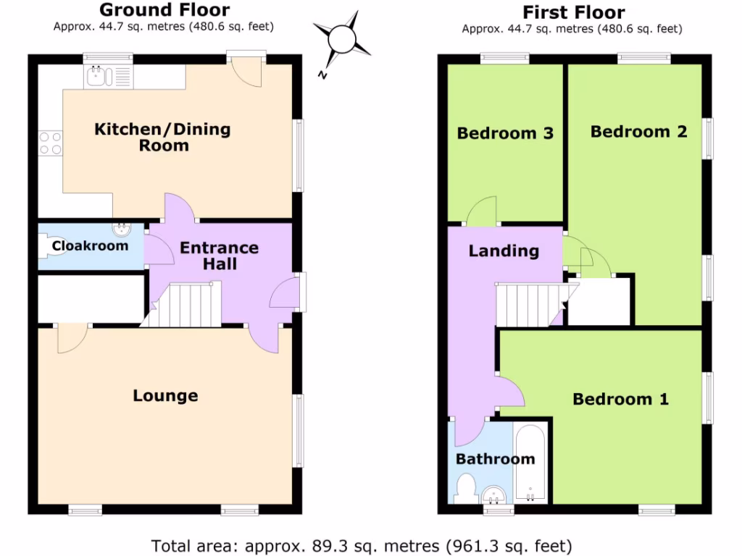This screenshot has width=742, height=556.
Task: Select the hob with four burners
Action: [50, 142]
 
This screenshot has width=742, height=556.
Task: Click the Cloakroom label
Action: [90, 246]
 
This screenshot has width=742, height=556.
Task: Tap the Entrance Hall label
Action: [219, 256]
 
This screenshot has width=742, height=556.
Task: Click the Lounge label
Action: [165, 396]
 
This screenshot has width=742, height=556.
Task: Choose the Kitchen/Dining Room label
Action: [163, 137]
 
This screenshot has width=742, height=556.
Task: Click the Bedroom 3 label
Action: [505, 133]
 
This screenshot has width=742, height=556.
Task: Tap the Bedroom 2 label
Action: [638, 132]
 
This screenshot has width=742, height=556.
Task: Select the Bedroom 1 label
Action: [620, 399]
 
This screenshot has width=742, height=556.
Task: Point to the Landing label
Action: [504, 251]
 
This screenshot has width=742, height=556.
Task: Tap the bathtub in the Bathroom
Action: [533, 463]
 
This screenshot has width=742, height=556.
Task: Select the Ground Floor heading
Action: [164, 10]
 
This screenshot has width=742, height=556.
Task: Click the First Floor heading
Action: [573, 12]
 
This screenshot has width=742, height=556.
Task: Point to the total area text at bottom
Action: [361, 544]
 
